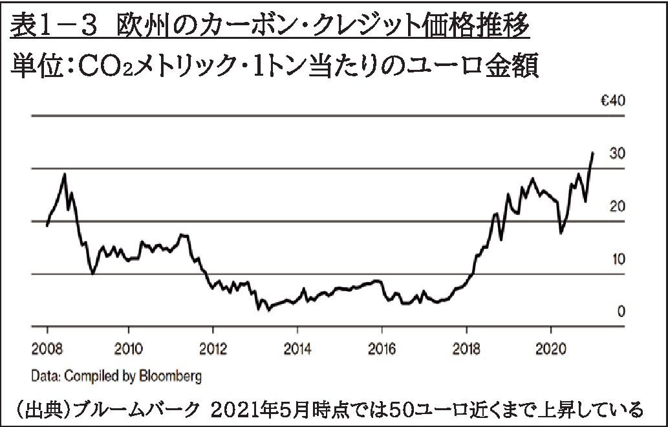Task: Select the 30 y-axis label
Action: click(x=617, y=154)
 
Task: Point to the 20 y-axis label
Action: click(x=617, y=206)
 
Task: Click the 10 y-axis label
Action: click(x=617, y=259)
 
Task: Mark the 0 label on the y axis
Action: click(x=621, y=312)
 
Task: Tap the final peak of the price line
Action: click(x=592, y=153)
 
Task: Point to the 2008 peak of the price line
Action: click(x=64, y=174)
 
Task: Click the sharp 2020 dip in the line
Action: click(x=561, y=232)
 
